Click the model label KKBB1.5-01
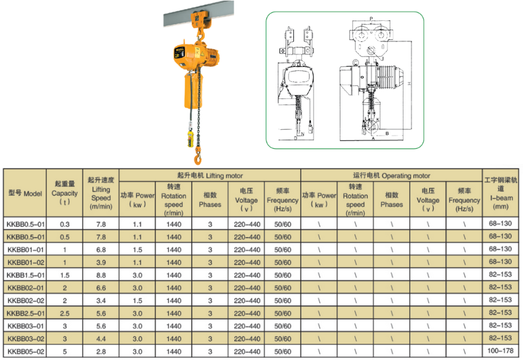point(26,275)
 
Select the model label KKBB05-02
point(26,351)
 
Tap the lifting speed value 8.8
point(101,275)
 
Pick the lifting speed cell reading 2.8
point(101,351)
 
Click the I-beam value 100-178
point(500,351)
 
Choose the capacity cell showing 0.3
point(65,224)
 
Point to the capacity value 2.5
point(65,313)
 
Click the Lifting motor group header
point(210,176)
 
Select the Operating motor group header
point(392,176)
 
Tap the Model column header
point(25,193)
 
